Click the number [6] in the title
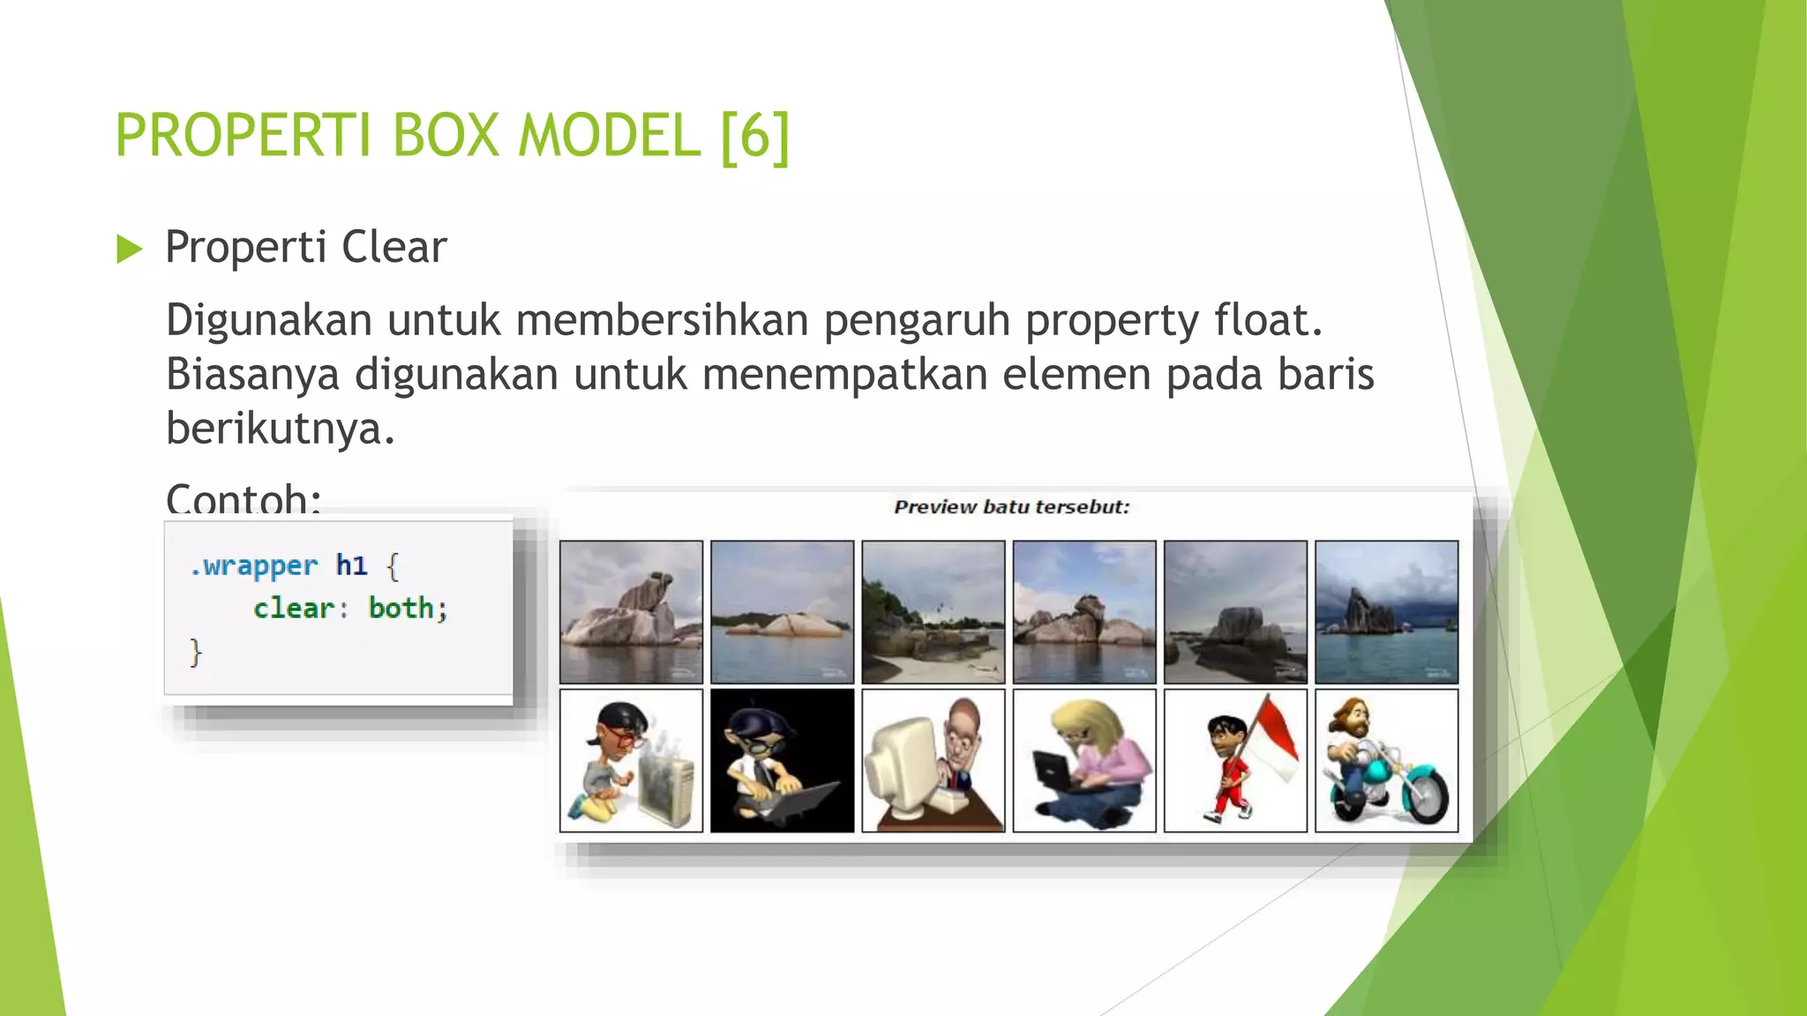[755, 136]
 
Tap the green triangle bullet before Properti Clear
[129, 250]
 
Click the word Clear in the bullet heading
[394, 247]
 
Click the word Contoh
[238, 498]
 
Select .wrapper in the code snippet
[253, 565]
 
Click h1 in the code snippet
[351, 564]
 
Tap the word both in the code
[401, 608]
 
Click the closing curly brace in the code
[196, 653]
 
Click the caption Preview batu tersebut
[1011, 507]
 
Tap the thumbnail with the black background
[782, 761]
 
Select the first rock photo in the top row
[631, 612]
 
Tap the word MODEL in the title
[609, 136]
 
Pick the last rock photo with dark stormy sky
[1386, 612]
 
